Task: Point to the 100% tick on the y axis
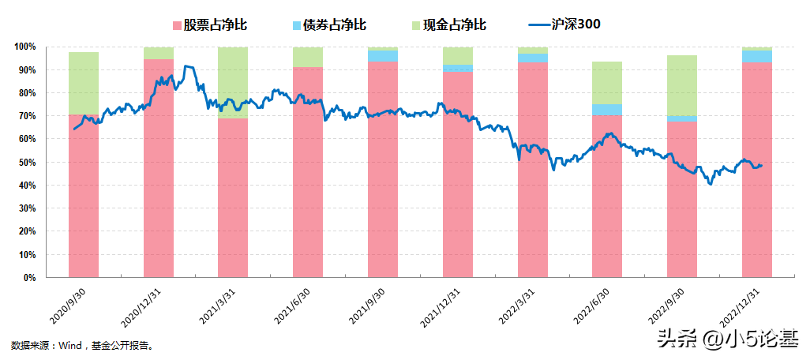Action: [25, 47]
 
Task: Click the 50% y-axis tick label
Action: [28, 163]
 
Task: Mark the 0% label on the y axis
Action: [30, 278]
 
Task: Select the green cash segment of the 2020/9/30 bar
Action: [84, 83]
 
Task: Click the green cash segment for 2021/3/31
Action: [233, 82]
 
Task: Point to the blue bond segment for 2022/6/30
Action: [607, 110]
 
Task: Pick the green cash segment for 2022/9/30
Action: [682, 85]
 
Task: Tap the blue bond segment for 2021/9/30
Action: [383, 55]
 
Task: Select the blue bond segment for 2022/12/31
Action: [757, 56]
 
